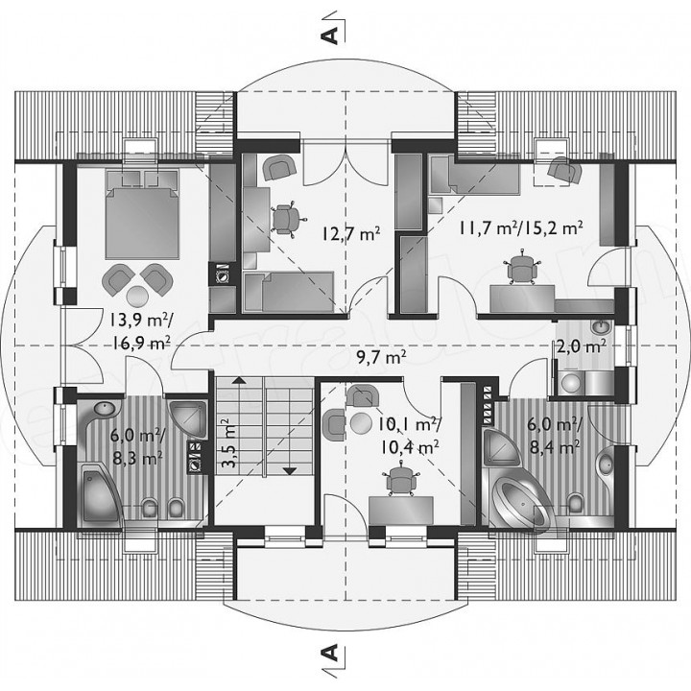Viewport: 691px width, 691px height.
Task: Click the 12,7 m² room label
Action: pos(351,234)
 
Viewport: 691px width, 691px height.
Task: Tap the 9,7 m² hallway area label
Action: pos(381,358)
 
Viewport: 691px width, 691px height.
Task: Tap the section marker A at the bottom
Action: pos(331,653)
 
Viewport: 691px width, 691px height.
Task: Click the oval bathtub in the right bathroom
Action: pos(522,503)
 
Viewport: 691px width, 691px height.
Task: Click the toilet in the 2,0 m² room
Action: pos(572,383)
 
